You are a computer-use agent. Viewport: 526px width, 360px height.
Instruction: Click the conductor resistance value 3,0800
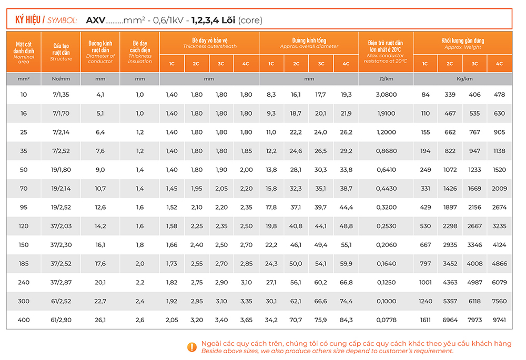pyautogui.click(x=386, y=95)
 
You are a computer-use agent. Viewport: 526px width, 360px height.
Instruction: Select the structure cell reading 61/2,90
pyautogui.click(x=60, y=320)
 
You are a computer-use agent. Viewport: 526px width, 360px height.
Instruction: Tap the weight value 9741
pyautogui.click(x=499, y=320)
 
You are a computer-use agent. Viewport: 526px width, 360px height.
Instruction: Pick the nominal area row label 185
pyautogui.click(x=24, y=264)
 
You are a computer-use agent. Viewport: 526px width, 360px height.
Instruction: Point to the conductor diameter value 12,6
pyautogui.click(x=100, y=207)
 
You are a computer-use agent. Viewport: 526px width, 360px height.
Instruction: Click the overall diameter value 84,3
pyautogui.click(x=346, y=320)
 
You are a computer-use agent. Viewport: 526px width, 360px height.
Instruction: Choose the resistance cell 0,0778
pyautogui.click(x=386, y=320)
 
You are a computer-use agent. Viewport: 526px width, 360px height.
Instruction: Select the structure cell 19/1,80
pyautogui.click(x=60, y=170)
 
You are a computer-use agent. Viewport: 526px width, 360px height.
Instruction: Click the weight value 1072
pyautogui.click(x=450, y=170)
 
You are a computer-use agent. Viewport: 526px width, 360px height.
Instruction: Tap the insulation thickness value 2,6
pyautogui.click(x=140, y=320)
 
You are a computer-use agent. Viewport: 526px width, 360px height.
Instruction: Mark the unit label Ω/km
pyautogui.click(x=386, y=79)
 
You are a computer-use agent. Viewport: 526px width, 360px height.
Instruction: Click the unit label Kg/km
pyautogui.click(x=462, y=79)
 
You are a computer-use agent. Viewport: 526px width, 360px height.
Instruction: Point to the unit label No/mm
pyautogui.click(x=60, y=79)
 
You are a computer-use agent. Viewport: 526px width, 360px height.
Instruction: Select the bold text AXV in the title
pyautogui.click(x=95, y=20)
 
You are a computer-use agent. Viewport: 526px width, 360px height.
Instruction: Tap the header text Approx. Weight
pyautogui.click(x=462, y=47)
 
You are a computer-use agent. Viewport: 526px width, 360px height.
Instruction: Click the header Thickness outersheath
pyautogui.click(x=209, y=46)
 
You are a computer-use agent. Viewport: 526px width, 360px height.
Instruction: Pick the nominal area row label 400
pyautogui.click(x=24, y=320)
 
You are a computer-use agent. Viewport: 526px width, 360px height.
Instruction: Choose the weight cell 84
pyautogui.click(x=426, y=95)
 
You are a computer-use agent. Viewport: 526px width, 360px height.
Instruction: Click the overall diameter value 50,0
pyautogui.click(x=296, y=264)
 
